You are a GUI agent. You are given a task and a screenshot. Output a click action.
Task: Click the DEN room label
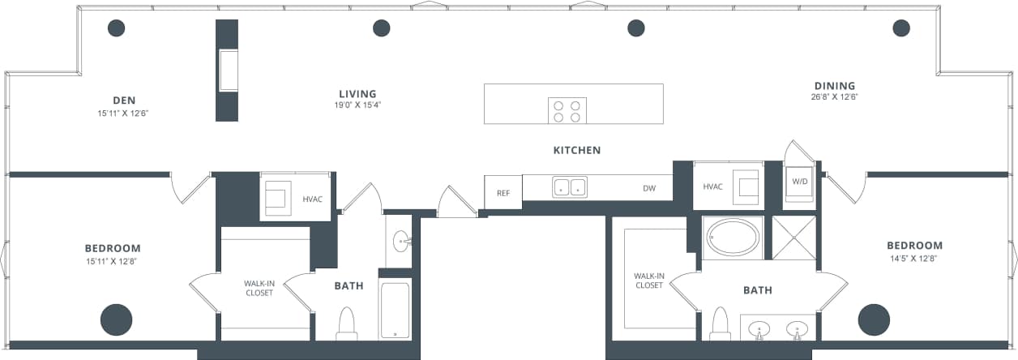tap(124, 101)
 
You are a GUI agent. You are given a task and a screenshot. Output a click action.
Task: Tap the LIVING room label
tap(357, 94)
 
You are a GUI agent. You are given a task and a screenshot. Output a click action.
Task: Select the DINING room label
tap(835, 86)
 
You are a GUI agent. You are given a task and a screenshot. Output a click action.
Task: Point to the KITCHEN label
tap(577, 150)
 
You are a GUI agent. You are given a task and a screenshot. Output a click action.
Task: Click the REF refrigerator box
tap(503, 193)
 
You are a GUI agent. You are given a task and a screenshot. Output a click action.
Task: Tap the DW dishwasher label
tap(649, 188)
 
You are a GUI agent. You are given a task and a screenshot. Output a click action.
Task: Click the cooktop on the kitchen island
tap(567, 110)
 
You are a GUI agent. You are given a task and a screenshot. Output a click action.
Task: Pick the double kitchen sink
tap(570, 187)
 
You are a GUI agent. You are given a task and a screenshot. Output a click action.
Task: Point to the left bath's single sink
tap(400, 241)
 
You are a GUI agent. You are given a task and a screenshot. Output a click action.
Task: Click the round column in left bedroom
tap(116, 319)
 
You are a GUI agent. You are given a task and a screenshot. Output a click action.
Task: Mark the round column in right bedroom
tap(874, 319)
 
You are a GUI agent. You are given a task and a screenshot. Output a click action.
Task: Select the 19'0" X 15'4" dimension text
tap(357, 105)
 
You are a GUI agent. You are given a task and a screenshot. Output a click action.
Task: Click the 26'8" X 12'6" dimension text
tap(835, 97)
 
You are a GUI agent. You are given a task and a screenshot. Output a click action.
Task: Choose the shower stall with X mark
tap(793, 238)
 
